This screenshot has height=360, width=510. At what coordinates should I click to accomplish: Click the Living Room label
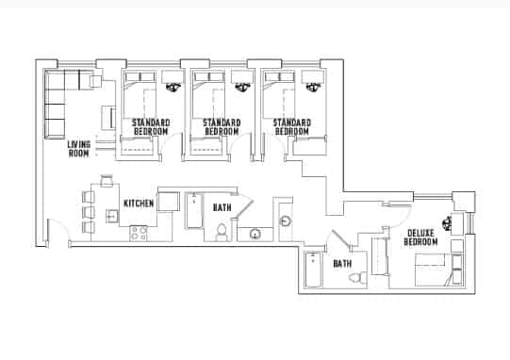79,149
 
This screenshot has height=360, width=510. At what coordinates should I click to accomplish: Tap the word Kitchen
139,204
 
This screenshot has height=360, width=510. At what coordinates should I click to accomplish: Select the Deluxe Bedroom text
421,237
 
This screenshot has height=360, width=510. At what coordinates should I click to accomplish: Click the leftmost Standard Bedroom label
151,127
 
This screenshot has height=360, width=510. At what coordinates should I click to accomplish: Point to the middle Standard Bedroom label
221,127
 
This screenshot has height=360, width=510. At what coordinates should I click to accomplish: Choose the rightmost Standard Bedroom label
292,127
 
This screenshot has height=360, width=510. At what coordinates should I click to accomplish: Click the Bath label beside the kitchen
222,206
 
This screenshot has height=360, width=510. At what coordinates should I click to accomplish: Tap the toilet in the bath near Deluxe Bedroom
356,278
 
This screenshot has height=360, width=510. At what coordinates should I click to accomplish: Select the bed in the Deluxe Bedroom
433,268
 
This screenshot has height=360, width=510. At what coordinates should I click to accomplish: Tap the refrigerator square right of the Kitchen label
170,201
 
